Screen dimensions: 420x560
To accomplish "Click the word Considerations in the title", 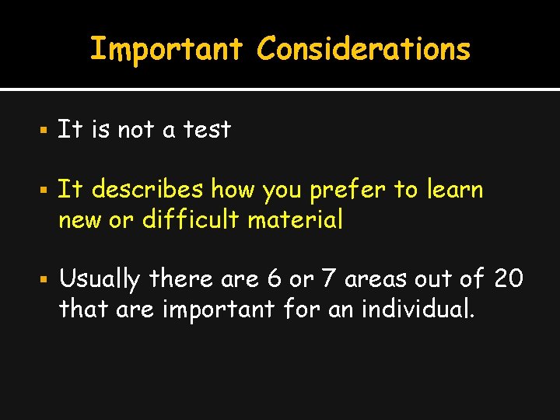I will pos(364,49).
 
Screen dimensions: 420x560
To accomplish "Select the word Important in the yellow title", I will pos(166,49).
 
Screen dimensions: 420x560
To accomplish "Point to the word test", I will pos(207,129).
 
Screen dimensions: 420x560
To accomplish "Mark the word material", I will pos(296,220).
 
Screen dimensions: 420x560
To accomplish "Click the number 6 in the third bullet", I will pos(296,278).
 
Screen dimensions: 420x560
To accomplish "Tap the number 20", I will pos(509,278).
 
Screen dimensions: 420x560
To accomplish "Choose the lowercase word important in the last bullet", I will pos(219,310).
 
